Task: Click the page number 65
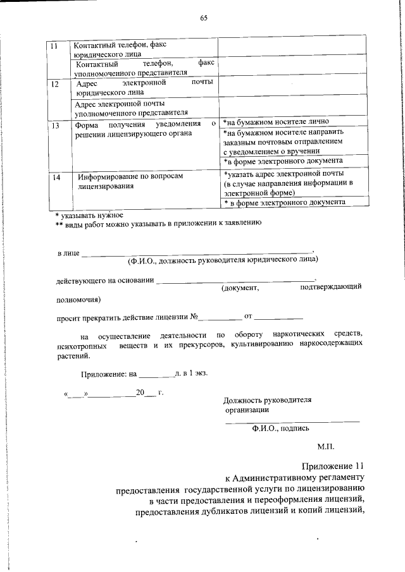pos(204,18)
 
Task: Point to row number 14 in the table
pos(56,178)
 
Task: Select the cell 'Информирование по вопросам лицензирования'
pos(130,182)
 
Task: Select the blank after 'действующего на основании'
pos(234,279)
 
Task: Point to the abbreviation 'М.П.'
pos(326,446)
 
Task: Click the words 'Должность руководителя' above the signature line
pos(268,400)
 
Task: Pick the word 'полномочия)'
pos(77,300)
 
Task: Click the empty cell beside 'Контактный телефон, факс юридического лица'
pos(292,46)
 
